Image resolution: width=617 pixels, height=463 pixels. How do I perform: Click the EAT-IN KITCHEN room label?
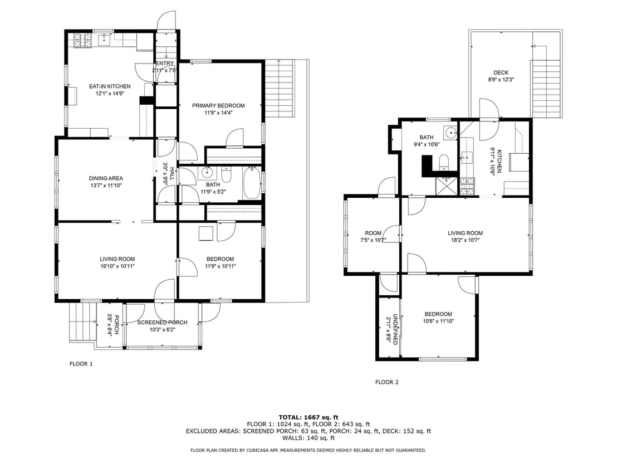click(x=109, y=86)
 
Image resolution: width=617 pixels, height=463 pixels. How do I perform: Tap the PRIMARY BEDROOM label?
click(x=218, y=105)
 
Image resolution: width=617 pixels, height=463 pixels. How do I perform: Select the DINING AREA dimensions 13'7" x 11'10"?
click(x=105, y=186)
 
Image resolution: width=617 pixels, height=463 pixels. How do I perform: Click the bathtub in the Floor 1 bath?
click(x=252, y=183)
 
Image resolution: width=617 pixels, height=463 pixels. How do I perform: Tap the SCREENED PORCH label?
click(x=162, y=323)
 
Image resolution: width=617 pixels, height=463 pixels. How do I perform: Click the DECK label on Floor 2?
click(x=501, y=72)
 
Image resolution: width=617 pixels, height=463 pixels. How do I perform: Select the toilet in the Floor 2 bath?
click(x=443, y=163)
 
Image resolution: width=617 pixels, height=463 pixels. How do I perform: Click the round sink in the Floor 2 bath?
click(x=450, y=133)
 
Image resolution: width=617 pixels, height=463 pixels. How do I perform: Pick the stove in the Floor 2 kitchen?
click(x=467, y=187)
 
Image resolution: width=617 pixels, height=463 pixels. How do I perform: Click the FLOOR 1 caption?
click(x=81, y=364)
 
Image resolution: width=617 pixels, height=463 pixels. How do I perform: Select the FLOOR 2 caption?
click(x=387, y=382)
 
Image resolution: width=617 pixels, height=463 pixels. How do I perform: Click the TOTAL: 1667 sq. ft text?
click(x=308, y=417)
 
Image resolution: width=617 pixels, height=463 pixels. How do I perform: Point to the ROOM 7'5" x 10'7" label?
click(x=373, y=237)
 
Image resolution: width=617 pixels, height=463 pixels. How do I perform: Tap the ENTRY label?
click(x=165, y=64)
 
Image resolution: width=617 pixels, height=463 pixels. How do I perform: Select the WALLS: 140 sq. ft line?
click(x=308, y=438)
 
